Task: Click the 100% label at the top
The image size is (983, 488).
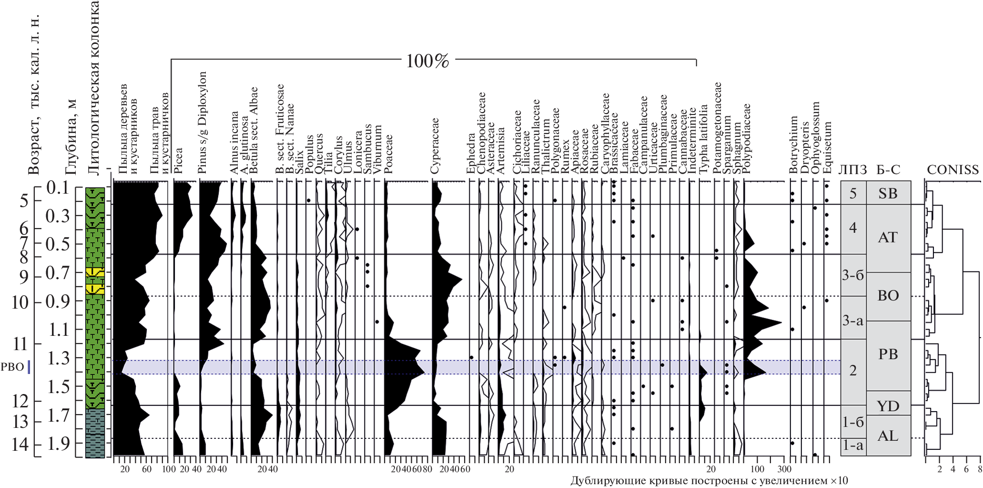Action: point(427,61)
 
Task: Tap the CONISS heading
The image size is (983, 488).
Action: point(953,170)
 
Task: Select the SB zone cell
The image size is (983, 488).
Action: point(888,193)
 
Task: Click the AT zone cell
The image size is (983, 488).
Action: point(888,237)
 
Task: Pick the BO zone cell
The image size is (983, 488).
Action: point(888,296)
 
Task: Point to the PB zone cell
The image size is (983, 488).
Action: point(888,354)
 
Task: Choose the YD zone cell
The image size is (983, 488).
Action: point(888,406)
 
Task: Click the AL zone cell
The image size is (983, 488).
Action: point(888,436)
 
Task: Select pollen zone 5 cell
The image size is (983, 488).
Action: point(853,193)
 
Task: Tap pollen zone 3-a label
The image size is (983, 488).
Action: point(852,321)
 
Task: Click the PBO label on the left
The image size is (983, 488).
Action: point(12,367)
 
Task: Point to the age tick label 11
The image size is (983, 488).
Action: point(20,344)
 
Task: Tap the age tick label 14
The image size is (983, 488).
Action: point(20,445)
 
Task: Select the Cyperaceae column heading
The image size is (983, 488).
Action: point(435,145)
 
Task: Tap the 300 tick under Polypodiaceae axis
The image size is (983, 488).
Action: point(785,469)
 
